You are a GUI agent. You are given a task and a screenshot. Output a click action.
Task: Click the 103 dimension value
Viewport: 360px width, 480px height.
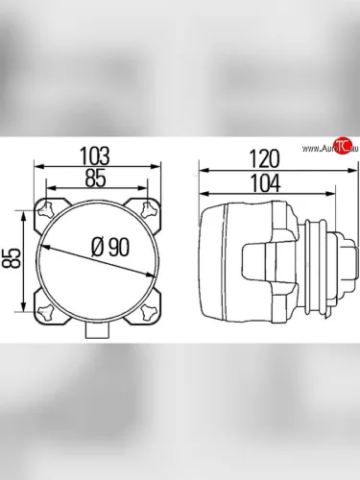(95, 156)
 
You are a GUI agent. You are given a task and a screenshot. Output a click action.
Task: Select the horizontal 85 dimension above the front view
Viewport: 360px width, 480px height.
(95, 179)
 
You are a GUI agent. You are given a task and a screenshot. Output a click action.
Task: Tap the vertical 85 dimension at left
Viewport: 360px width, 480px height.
(12, 258)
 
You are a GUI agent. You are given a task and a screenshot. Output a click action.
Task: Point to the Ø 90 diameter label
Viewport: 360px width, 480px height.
(110, 247)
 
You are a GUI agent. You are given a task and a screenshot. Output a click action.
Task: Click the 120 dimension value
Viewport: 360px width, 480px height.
(264, 159)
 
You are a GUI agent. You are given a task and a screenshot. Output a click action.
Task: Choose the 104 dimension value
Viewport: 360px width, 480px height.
(265, 183)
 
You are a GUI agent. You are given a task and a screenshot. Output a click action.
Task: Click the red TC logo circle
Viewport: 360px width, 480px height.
(343, 147)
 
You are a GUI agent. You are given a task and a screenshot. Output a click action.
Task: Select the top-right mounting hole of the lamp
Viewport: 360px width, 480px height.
(149, 208)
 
